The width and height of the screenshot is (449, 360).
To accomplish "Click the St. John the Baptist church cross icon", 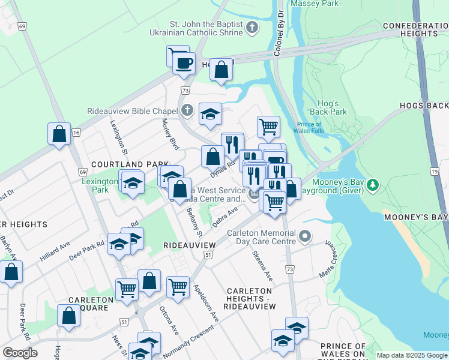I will (x=253, y=27).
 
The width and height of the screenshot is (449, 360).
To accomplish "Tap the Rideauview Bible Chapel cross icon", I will (x=187, y=110).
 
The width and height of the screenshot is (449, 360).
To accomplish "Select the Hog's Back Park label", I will (x=328, y=107).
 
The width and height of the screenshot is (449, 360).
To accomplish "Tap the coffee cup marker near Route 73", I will (x=184, y=62).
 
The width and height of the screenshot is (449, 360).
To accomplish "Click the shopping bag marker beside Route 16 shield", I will (x=59, y=134).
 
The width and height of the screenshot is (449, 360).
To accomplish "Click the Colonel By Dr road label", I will (x=279, y=36).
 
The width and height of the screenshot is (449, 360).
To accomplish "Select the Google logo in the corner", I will (x=20, y=353).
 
